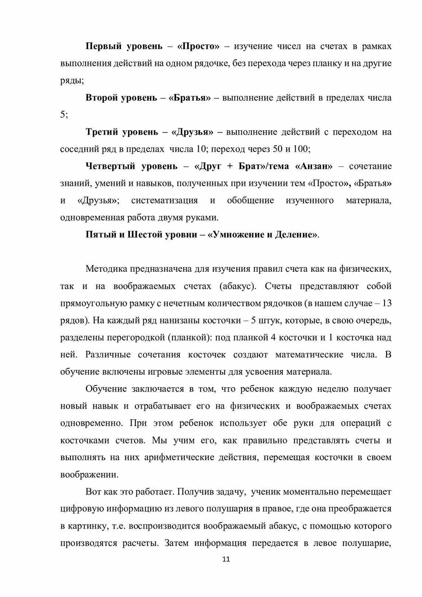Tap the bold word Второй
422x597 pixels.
point(101,98)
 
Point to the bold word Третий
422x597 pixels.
point(102,132)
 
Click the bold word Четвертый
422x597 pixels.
point(110,166)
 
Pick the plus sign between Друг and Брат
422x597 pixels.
point(230,166)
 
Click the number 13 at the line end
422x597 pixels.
point(387,303)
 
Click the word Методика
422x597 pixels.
point(107,269)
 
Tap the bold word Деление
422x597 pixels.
point(296,235)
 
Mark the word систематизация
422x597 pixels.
point(164,200)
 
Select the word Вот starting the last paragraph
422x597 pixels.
point(93,492)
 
